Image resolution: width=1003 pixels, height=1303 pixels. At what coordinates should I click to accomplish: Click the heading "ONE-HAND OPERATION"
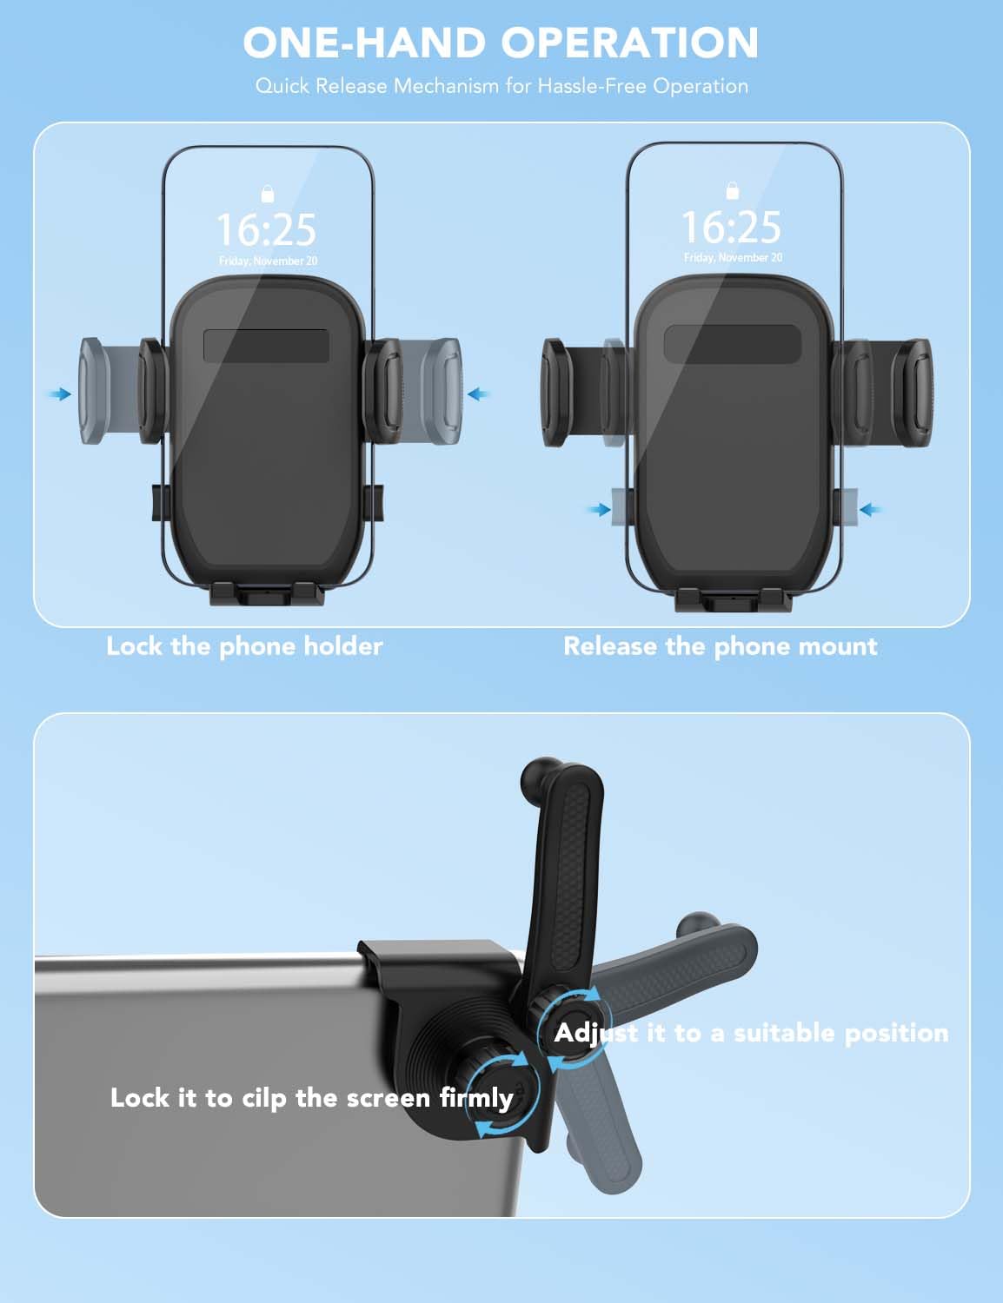point(501,43)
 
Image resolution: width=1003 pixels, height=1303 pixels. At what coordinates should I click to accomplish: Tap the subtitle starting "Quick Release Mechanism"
point(501,86)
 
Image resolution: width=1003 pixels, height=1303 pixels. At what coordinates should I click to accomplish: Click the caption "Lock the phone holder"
point(244,647)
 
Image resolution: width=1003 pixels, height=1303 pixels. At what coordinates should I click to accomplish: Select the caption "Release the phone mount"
point(720,647)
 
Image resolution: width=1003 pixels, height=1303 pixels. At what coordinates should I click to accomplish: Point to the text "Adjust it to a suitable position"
point(751,1034)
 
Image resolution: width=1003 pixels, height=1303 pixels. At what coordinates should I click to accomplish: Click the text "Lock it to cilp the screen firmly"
point(311,1099)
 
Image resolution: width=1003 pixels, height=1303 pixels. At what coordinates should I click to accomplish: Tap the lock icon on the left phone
point(268,194)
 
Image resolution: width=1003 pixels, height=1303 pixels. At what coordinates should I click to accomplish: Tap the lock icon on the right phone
point(733,191)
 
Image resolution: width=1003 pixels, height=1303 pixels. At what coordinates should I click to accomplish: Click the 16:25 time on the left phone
point(266,229)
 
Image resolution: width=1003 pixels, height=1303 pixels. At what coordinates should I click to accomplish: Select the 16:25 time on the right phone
point(731,227)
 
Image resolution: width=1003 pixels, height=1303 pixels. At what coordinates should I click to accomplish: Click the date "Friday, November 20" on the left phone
point(268,261)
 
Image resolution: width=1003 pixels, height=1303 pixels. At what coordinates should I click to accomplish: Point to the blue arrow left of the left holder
point(60,394)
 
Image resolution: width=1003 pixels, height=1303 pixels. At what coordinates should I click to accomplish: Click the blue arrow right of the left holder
point(479,394)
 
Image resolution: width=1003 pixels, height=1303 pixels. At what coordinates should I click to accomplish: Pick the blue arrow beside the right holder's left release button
point(599,510)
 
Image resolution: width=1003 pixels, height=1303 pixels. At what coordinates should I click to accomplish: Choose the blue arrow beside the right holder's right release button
point(870,510)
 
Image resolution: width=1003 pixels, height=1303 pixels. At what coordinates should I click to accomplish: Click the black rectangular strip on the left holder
point(266,346)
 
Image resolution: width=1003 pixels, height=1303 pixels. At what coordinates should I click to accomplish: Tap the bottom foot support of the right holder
point(733,599)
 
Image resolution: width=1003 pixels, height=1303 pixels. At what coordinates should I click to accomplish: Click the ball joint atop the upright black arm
point(541,775)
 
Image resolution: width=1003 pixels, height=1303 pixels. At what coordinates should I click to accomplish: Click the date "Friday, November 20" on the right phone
point(733,257)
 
